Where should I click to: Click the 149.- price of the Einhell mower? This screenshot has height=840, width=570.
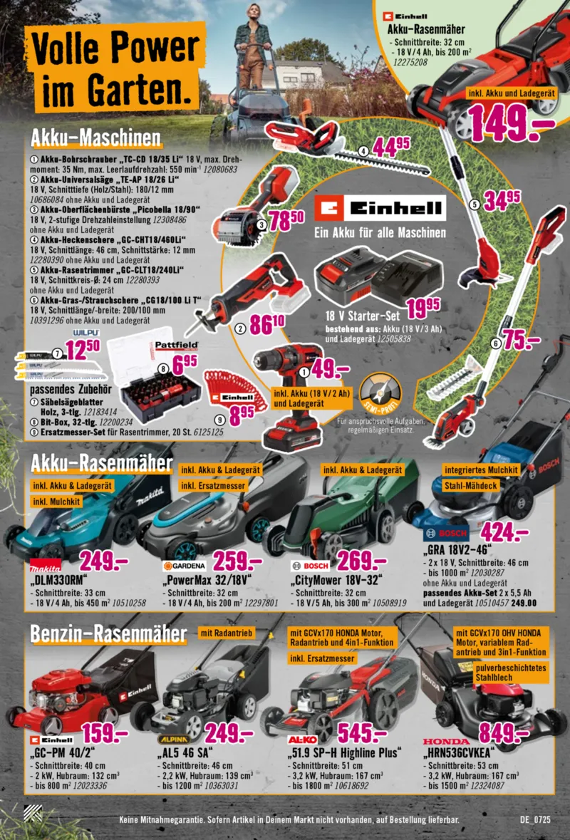(x=509, y=123)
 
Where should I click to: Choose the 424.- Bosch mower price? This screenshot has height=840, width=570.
(x=504, y=532)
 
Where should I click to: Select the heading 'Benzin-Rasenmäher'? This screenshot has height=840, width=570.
(x=108, y=633)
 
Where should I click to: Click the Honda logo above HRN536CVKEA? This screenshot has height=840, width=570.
(x=446, y=742)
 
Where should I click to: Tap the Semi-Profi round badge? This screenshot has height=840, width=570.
(x=379, y=394)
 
